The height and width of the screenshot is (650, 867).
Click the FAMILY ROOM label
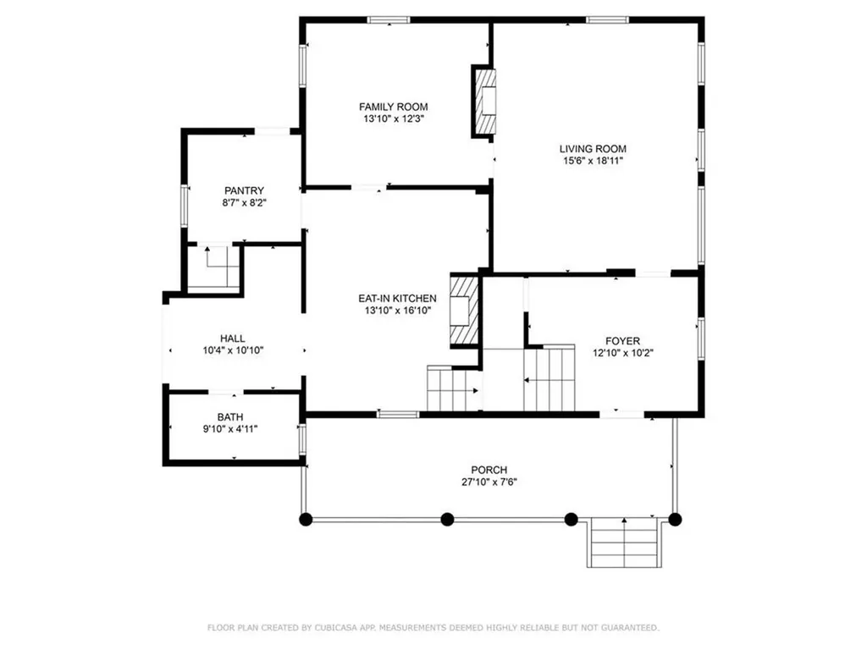[x=393, y=107]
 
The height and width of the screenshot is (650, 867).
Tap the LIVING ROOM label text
[x=593, y=149]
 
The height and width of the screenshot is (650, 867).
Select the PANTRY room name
[x=244, y=190]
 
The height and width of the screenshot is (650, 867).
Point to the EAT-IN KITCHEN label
[x=397, y=299]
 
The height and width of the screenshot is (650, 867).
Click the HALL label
[x=233, y=339]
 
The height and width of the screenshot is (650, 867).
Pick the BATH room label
[x=230, y=416]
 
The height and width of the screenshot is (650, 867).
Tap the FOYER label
[x=622, y=341]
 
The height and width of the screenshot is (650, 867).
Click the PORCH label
[x=489, y=470]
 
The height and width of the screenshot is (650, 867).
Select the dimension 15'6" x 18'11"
[x=593, y=161]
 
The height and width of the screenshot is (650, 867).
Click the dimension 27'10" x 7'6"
[x=489, y=482]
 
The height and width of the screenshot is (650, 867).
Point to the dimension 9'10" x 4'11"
[x=230, y=429]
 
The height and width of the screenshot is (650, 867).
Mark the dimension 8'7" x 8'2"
[x=244, y=203]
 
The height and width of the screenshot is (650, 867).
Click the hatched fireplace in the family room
[x=484, y=102]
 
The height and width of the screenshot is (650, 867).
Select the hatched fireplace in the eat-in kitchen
[x=463, y=311]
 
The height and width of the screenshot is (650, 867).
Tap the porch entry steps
[x=624, y=543]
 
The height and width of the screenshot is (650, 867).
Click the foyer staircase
[x=549, y=378]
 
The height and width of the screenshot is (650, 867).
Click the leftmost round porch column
[x=306, y=520]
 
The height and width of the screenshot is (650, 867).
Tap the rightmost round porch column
[x=675, y=520]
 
